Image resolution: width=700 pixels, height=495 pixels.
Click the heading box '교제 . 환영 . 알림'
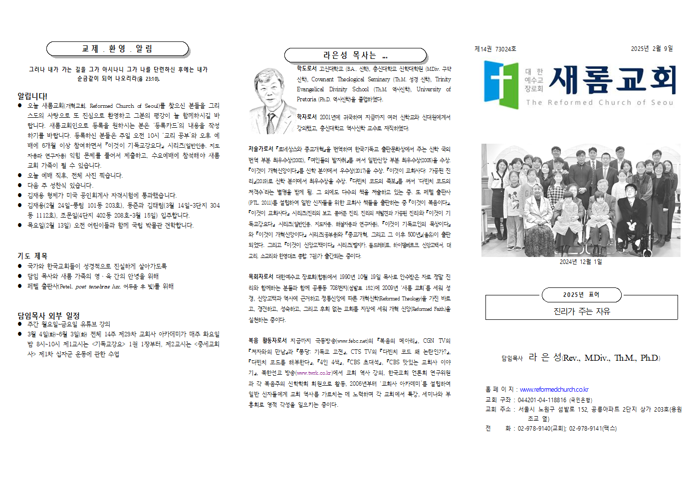click(x=117, y=49)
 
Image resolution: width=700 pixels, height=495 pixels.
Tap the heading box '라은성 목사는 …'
click(x=355, y=55)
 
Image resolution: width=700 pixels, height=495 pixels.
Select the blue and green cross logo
click(x=501, y=84)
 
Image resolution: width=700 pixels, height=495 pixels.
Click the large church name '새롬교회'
click(x=612, y=80)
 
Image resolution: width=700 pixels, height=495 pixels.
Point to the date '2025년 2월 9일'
click(x=652, y=48)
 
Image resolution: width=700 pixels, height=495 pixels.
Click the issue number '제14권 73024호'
click(x=495, y=49)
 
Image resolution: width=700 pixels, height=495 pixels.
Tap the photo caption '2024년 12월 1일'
click(x=580, y=261)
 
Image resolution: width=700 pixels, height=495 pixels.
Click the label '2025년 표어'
click(x=581, y=295)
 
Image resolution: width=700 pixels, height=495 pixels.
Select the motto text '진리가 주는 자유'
click(x=581, y=311)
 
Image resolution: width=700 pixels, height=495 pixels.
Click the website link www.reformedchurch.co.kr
click(x=554, y=389)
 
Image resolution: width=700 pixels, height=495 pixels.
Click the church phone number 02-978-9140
click(x=534, y=428)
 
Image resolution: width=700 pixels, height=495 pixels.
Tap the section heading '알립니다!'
click(x=32, y=96)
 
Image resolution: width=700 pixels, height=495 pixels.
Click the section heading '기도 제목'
click(x=32, y=256)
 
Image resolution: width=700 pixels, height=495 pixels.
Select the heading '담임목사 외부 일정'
click(x=48, y=315)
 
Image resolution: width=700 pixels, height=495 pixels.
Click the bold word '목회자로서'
click(x=260, y=276)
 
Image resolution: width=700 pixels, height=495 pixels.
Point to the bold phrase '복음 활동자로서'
click(x=267, y=340)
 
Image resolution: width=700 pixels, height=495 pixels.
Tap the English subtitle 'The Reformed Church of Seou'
click(x=599, y=102)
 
